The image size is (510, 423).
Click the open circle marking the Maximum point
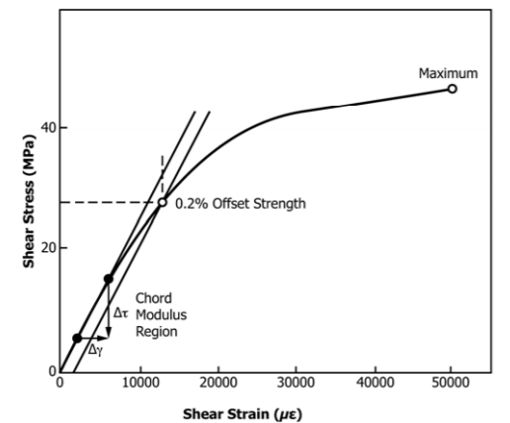[x=452, y=89]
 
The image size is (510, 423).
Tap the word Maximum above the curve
[x=448, y=73]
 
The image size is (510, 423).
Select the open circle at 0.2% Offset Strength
[x=163, y=203]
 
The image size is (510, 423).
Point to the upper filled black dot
[x=108, y=279]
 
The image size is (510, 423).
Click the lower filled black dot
[x=77, y=338]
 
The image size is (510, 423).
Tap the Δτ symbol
[x=120, y=312]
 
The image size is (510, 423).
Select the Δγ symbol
[x=95, y=350]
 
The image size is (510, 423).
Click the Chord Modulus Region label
[x=155, y=314]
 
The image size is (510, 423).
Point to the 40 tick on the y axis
[x=46, y=128]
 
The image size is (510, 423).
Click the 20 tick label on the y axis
[x=46, y=247]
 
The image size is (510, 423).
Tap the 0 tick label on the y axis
[x=49, y=371]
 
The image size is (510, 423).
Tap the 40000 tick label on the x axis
[x=372, y=383]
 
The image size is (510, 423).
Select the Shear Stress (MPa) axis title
[x=31, y=204]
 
